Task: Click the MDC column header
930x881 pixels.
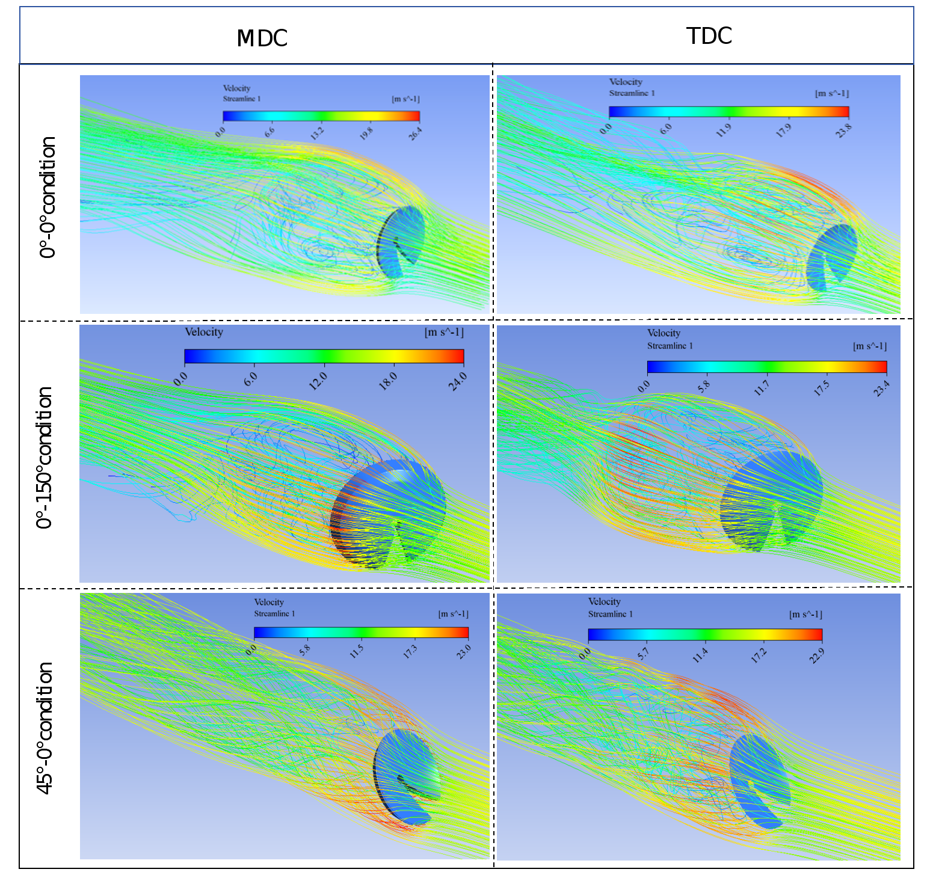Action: (x=262, y=38)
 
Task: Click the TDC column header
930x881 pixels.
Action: (x=709, y=36)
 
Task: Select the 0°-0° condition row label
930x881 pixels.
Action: (x=48, y=197)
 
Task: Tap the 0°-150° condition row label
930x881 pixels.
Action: (x=45, y=458)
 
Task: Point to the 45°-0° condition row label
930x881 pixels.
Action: (x=46, y=728)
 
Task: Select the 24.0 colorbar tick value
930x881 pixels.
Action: (x=459, y=381)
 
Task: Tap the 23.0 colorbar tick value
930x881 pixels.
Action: (x=463, y=651)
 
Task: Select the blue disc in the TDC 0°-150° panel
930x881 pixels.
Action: (x=773, y=496)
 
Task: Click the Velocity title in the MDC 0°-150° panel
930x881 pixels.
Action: (x=204, y=332)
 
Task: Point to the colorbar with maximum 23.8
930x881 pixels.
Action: (x=728, y=112)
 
